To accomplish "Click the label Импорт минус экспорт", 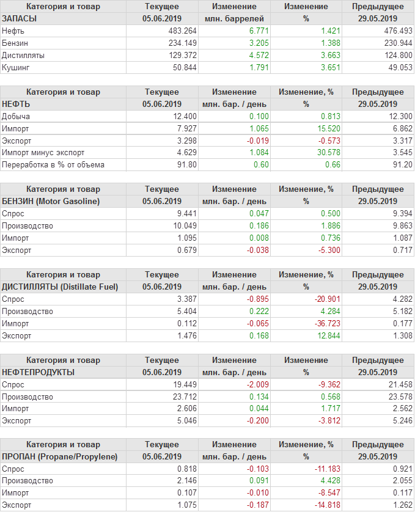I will coord(43,153).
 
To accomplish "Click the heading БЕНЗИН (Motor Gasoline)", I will coord(51,201).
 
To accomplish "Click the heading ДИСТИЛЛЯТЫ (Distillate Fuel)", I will coord(60,287).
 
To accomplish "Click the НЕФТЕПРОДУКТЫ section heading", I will coord(39,372).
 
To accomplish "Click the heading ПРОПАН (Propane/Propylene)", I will coord(60,456).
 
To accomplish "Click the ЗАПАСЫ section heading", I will coord(20,18).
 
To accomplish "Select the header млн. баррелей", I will coord(235,18).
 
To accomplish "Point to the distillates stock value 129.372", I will coord(182,55).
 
